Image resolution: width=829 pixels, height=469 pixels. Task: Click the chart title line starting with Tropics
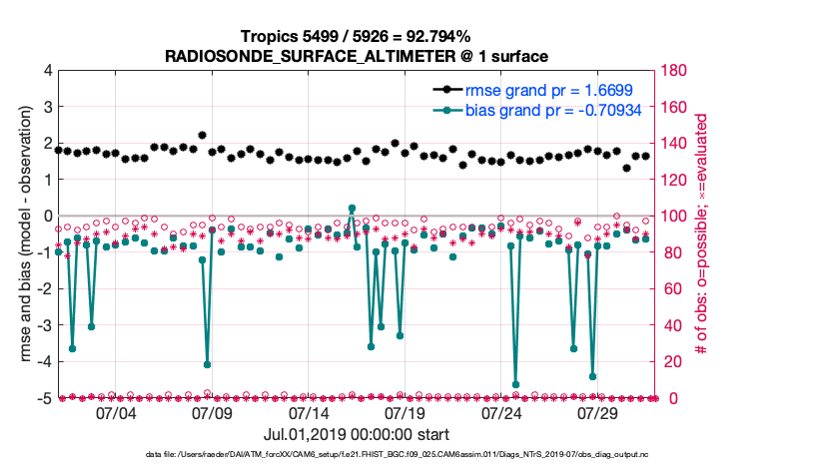click(357, 37)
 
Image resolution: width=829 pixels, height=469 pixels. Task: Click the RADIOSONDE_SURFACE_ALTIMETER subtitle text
click(357, 56)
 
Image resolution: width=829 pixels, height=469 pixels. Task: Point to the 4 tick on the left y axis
click(46, 71)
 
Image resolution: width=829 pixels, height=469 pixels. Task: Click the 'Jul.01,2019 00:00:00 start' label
click(357, 434)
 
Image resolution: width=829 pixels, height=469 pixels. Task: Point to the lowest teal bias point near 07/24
click(516, 384)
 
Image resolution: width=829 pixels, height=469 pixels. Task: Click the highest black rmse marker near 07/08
click(202, 135)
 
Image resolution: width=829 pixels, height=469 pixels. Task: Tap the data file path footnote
click(357, 455)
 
